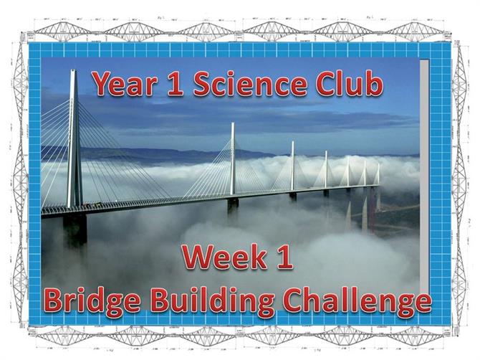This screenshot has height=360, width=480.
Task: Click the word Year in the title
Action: click(126, 84)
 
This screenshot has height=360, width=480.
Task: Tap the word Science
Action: click(250, 84)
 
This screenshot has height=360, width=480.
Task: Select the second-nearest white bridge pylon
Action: click(233, 158)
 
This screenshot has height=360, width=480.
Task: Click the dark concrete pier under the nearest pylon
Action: click(75, 230)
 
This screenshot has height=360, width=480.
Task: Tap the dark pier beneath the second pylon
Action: click(233, 205)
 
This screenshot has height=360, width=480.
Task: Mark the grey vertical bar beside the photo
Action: click(424, 176)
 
